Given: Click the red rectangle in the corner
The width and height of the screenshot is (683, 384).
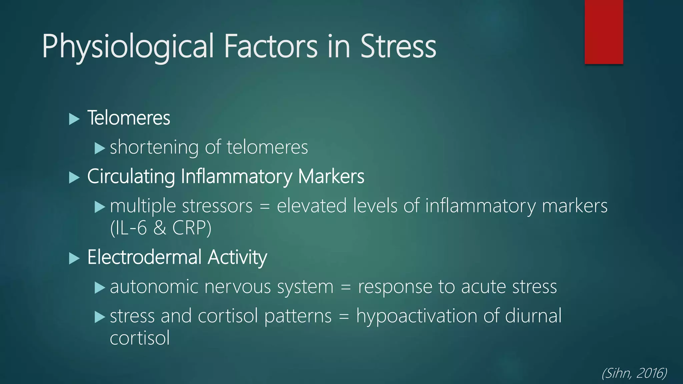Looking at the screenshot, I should point(604,32).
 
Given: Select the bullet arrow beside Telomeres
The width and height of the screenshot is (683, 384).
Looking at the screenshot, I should point(74,119).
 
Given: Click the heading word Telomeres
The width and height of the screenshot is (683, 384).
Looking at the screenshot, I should point(129,118).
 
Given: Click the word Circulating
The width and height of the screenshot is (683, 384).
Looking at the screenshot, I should point(131,176).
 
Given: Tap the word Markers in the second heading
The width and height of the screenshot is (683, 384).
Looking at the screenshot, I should point(331,176).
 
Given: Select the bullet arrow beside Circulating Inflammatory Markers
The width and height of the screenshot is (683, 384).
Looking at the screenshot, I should point(74,177).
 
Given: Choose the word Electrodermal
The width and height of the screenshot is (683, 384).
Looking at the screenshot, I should point(144,257).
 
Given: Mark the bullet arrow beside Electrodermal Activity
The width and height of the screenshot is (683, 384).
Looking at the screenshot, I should point(74,258).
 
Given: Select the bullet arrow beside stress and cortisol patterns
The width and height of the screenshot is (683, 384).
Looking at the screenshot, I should point(100,317).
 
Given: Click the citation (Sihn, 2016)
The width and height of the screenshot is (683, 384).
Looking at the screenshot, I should point(634,373).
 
